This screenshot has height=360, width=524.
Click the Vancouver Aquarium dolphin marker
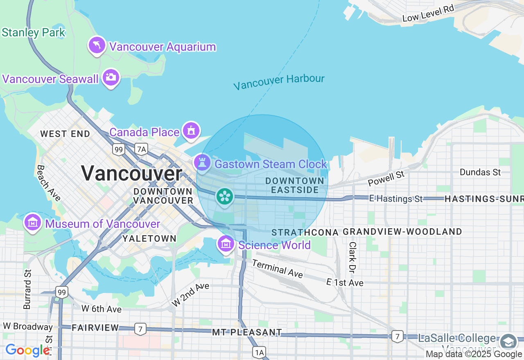97,45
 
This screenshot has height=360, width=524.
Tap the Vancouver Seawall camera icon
111,77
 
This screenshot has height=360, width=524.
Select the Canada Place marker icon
191,130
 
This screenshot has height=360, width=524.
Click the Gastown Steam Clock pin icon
202,163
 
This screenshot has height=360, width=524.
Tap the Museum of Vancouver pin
33,223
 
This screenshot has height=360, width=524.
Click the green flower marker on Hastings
225,197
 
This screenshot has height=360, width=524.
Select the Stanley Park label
33,33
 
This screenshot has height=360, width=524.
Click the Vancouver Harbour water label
279,81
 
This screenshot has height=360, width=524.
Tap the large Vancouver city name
131,173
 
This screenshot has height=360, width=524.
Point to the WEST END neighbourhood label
65,134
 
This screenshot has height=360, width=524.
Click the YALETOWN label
149,238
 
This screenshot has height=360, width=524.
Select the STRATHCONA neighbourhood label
305,232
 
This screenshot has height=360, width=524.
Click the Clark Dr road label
352,257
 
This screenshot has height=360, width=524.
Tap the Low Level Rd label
428,13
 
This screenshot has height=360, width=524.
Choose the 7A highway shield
141,149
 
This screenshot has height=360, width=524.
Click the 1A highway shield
259,352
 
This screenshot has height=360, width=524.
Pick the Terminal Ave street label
277,268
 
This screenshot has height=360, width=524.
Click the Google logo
27,350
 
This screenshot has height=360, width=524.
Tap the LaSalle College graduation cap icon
508,342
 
